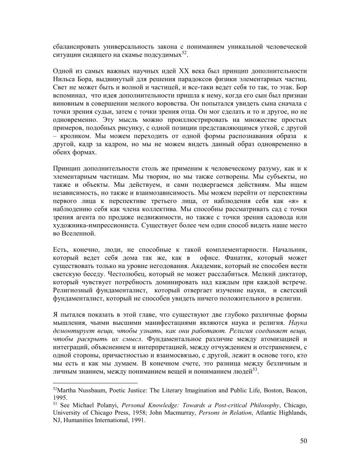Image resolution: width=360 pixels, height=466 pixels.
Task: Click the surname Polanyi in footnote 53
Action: pyautogui.click(x=102, y=405)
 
